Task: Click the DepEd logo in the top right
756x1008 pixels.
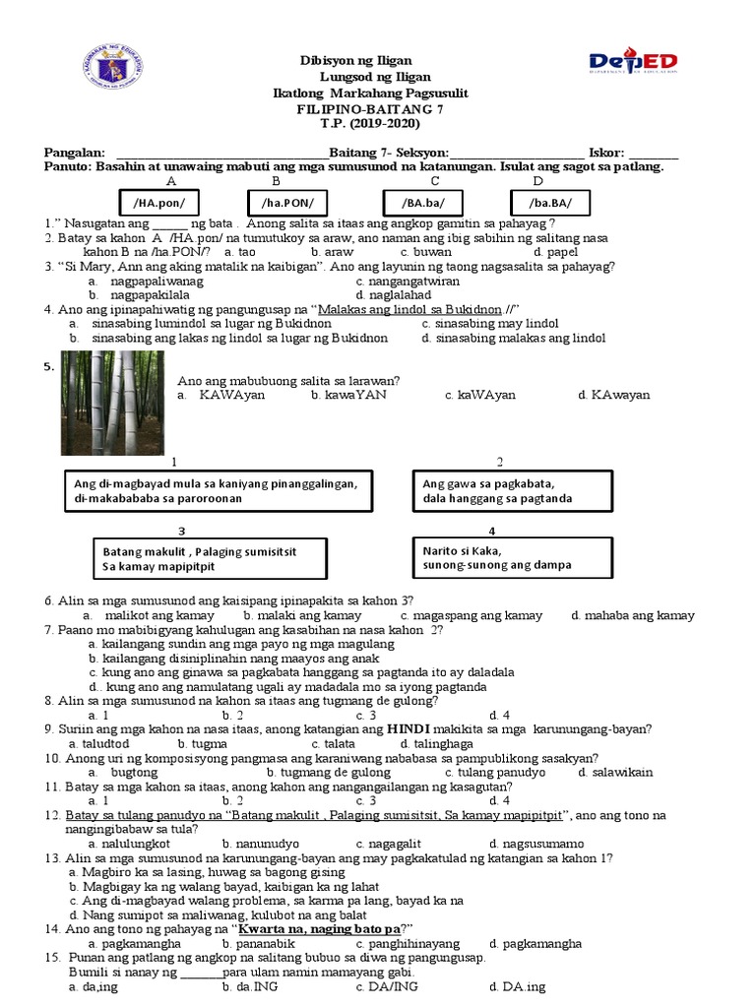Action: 633,62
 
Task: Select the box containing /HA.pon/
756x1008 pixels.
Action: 158,202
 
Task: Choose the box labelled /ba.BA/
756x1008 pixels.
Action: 549,202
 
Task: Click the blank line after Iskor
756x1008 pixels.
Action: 654,154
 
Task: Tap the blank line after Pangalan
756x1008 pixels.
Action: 221,154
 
